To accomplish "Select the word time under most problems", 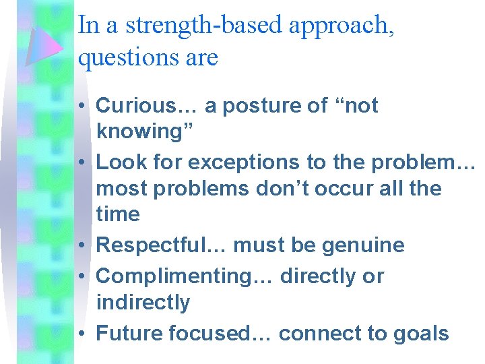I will click(119, 214).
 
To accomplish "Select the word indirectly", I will click(143, 302).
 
